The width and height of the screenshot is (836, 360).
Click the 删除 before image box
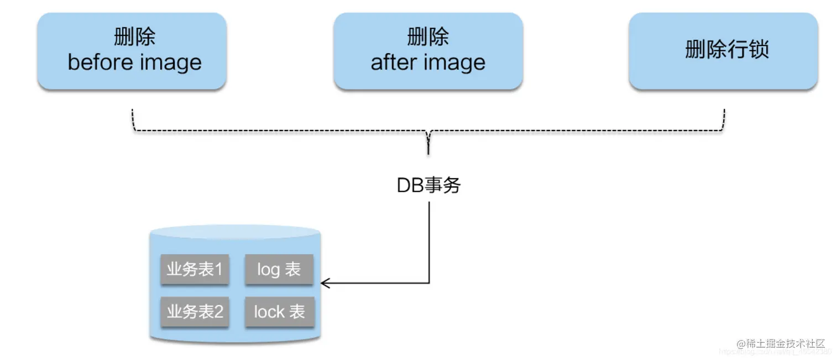click(x=132, y=51)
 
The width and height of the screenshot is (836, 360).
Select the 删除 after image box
click(x=428, y=51)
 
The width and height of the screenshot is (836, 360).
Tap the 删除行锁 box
click(x=723, y=51)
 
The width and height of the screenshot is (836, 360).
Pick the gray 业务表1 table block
click(x=195, y=269)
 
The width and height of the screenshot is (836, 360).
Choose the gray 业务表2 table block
click(x=195, y=311)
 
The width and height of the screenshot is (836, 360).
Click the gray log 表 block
click(x=279, y=269)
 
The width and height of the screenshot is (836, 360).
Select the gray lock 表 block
click(x=279, y=311)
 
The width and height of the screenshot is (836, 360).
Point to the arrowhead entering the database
click(x=325, y=283)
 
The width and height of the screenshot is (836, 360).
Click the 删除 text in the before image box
click(x=134, y=37)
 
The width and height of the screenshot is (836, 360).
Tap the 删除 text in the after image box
click(x=428, y=37)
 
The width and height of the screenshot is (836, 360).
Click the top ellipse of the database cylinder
click(x=235, y=232)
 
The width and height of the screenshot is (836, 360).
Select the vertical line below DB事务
click(x=429, y=243)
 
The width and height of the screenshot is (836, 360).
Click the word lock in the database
click(x=269, y=312)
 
